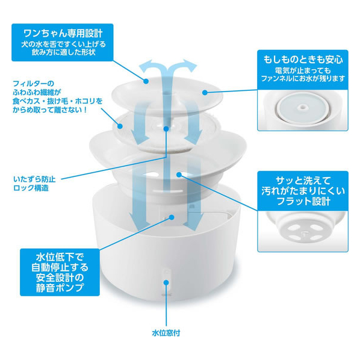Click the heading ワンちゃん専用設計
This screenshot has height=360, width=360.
coord(63,33)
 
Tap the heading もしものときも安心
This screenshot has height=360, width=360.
coord(303,60)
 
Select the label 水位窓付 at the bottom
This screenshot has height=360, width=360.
coord(166,333)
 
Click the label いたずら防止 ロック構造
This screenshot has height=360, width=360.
coord(34,184)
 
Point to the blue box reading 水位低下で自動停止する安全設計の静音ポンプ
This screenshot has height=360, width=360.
coord(60,272)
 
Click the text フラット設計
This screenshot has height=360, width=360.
coord(303,201)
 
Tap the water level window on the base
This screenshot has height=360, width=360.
coord(166,280)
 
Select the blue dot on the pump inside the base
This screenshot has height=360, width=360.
coord(172,217)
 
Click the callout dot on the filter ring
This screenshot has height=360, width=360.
coord(120,126)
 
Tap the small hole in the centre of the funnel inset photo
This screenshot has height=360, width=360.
coord(302,107)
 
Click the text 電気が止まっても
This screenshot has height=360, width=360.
coord(303,70)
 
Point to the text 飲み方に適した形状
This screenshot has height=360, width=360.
coord(64,52)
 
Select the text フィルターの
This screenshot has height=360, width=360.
coord(34,83)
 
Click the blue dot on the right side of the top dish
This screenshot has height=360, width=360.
coord(205,92)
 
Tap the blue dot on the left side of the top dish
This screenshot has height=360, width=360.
coord(146,81)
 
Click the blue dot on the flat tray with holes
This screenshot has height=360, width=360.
coord(179,175)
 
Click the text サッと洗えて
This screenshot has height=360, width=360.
coord(303,181)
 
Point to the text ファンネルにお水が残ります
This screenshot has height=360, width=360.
coord(303,78)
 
